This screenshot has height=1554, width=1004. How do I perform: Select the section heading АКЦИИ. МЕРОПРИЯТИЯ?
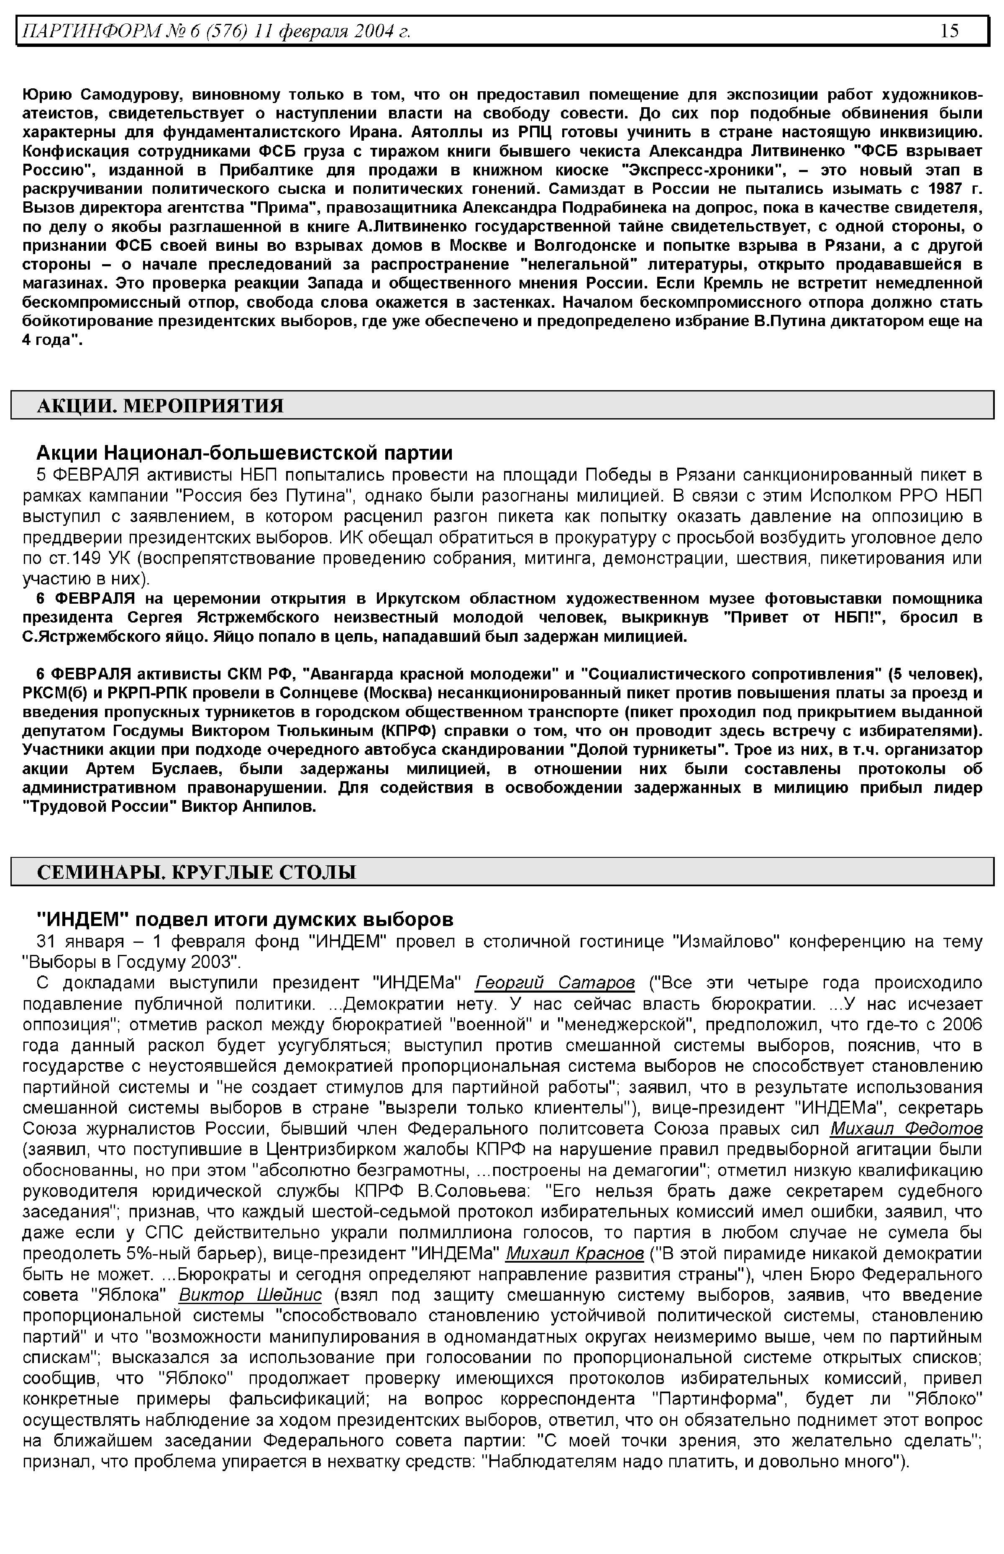point(160,406)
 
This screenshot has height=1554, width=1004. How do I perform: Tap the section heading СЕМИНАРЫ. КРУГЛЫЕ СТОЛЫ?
point(196,872)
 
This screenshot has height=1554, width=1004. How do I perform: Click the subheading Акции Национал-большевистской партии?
point(244,453)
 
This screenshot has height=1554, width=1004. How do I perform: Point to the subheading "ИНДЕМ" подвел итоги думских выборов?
point(244,919)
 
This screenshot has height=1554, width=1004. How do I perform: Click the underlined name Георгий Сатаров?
point(555,983)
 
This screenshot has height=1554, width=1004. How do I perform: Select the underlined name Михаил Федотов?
point(906,1129)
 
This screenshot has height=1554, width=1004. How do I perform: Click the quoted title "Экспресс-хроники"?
point(692,170)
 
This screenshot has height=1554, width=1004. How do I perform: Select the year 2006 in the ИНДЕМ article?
point(962,1024)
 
